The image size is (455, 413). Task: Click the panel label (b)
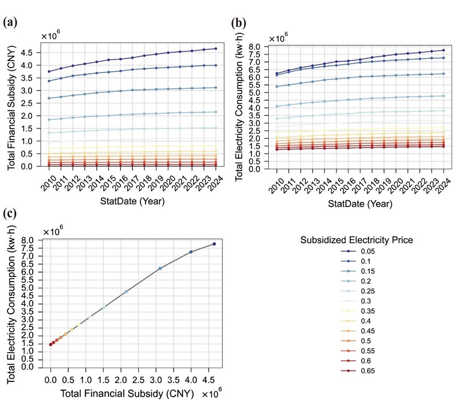239,22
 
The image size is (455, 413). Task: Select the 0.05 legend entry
363,251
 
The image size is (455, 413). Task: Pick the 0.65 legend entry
363,371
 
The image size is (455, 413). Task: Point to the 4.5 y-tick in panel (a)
29,52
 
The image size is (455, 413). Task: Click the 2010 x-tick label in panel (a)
49,182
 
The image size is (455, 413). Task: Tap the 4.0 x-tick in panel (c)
191,379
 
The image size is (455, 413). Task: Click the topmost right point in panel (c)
214,244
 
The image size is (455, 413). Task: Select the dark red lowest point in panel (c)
50,344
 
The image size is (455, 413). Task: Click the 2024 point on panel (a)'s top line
215,48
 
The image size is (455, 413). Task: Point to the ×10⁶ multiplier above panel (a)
50,37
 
